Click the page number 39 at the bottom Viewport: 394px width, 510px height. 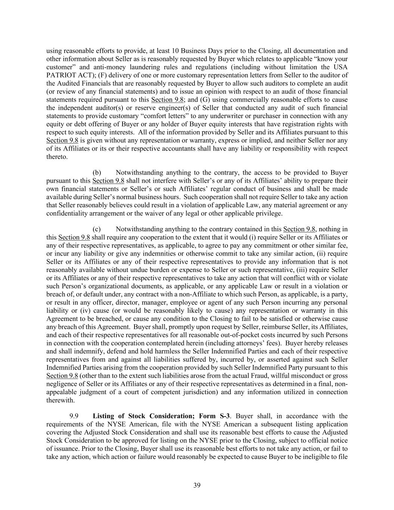coord(197,485)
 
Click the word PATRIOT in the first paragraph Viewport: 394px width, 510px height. coord(59,75)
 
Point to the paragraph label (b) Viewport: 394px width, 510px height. coord(97,173)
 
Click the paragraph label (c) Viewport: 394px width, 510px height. coord(97,229)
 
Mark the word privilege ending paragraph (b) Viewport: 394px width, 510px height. coord(269,213)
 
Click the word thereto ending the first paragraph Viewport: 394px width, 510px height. coord(57,157)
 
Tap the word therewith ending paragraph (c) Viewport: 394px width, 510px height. coord(60,400)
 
